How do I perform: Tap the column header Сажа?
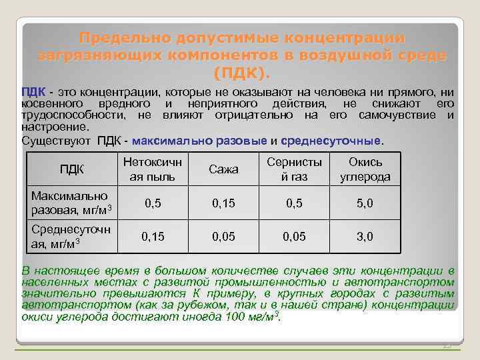click(223, 170)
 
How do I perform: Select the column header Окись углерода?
click(365, 170)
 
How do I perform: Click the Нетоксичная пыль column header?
click(153, 170)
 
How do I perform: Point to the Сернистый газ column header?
click(294, 170)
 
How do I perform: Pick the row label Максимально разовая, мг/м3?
click(69, 203)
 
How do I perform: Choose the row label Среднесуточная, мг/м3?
click(69, 235)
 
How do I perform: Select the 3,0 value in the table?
click(365, 236)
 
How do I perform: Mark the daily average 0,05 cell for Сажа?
click(223, 236)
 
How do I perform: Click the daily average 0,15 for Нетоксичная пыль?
click(153, 236)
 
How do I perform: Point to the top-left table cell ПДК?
click(71, 170)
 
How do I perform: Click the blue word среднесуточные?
click(331, 141)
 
